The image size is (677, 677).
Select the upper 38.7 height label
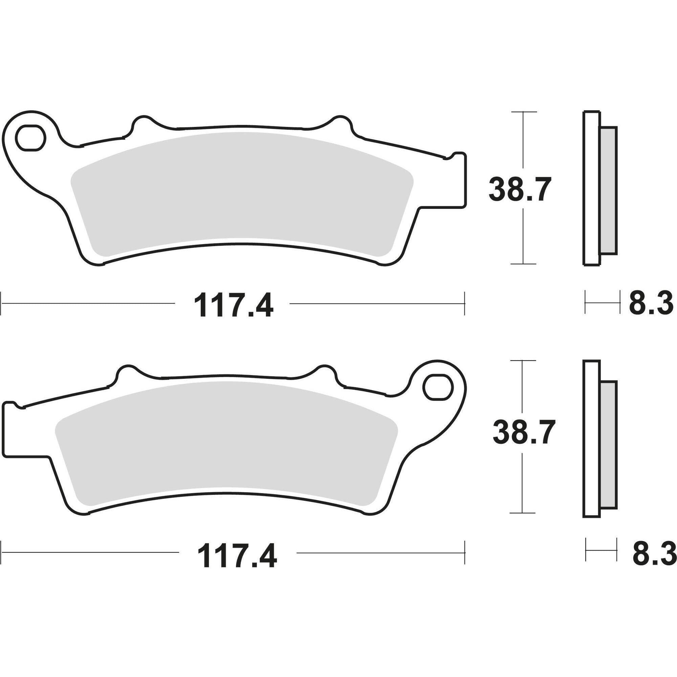point(517,190)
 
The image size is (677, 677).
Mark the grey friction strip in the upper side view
point(608,191)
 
